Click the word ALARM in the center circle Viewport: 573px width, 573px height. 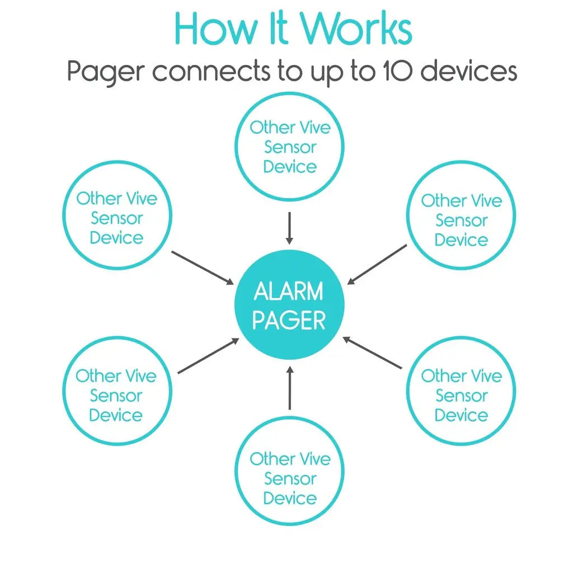289,292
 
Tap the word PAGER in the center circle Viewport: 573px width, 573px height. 289,321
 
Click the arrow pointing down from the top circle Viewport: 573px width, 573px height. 289,228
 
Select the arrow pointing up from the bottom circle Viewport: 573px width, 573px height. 289,387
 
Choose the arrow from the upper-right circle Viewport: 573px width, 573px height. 377,264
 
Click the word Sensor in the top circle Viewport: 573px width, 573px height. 290,147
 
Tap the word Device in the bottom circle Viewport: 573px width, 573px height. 290,498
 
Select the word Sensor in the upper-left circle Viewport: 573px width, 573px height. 117,218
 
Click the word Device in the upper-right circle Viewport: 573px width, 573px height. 461,240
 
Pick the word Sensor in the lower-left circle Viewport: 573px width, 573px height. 116,396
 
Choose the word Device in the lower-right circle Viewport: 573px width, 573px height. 461,415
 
